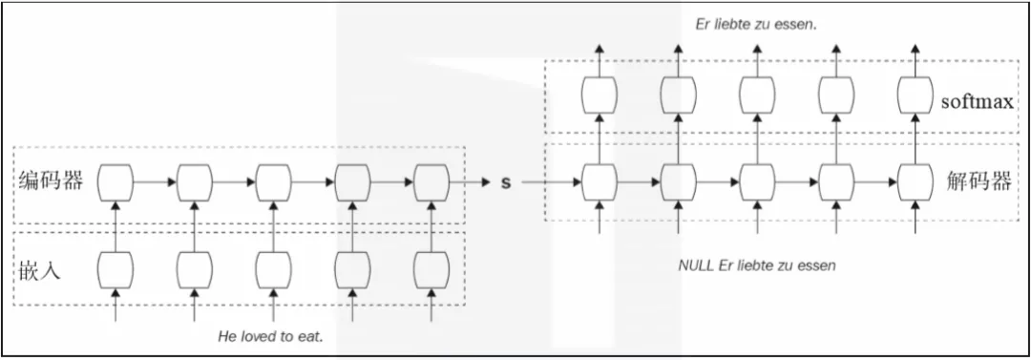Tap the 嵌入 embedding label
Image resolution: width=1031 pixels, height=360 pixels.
(39, 271)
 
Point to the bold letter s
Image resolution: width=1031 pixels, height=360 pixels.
(506, 182)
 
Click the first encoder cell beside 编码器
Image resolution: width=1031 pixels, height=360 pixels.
(116, 180)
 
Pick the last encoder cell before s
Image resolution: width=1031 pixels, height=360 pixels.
(431, 180)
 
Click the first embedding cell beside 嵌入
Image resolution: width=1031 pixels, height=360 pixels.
(116, 269)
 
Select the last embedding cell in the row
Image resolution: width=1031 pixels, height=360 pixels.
(431, 269)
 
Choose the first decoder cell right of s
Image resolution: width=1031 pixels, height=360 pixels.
(599, 180)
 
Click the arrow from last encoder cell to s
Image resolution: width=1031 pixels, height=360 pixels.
(469, 181)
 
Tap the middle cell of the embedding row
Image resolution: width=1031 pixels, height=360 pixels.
(273, 269)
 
